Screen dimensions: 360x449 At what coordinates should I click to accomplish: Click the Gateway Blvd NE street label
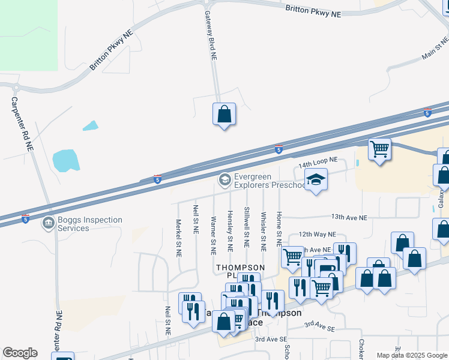pos(210,35)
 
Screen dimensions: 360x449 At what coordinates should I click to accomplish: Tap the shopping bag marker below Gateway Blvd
pos(224,114)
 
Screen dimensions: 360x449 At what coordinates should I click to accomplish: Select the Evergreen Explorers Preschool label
pos(261,181)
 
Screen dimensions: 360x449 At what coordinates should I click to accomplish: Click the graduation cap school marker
pos(316,179)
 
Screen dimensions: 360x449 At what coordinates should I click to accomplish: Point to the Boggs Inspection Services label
pos(90,224)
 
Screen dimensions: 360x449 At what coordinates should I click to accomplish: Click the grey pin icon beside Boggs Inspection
pos(48,223)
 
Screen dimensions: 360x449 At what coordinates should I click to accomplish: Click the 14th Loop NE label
pos(318,162)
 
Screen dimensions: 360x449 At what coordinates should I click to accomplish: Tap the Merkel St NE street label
pos(178,238)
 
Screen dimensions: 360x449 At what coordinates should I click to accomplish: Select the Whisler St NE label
pos(263,231)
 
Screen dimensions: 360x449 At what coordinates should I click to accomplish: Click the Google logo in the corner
pos(20,353)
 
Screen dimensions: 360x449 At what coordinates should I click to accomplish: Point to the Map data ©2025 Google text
pos(411,355)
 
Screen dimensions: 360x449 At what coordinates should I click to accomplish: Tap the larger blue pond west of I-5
pos(66,160)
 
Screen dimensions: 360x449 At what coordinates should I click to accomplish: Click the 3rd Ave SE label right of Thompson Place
pos(318,326)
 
